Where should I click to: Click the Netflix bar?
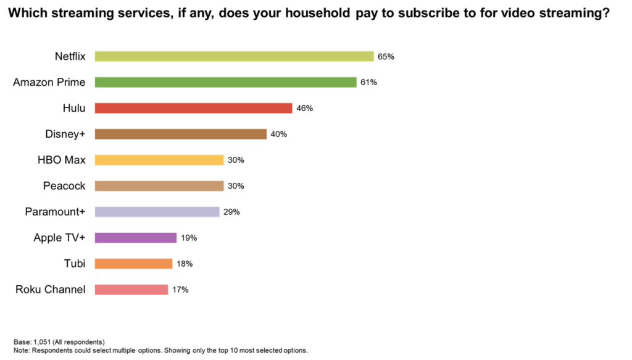[x=234, y=56]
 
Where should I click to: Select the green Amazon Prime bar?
[x=225, y=82]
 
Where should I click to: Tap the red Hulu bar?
[x=193, y=108]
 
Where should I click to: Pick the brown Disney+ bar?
[x=180, y=134]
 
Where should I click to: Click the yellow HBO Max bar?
[x=159, y=160]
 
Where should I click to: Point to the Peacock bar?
[x=159, y=186]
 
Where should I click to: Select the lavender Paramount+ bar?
[x=157, y=212]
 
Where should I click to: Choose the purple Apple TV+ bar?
[x=136, y=238]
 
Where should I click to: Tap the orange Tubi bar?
[x=133, y=264]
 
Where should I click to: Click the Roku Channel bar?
[x=131, y=290]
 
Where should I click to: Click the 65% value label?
[x=386, y=57]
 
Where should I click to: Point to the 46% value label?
[x=305, y=109]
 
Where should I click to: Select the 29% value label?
[x=231, y=212]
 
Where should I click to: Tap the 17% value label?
[x=180, y=290]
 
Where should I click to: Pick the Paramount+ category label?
[x=55, y=212]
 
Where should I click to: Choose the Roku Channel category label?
[x=51, y=290]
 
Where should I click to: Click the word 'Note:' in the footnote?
[x=22, y=350]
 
